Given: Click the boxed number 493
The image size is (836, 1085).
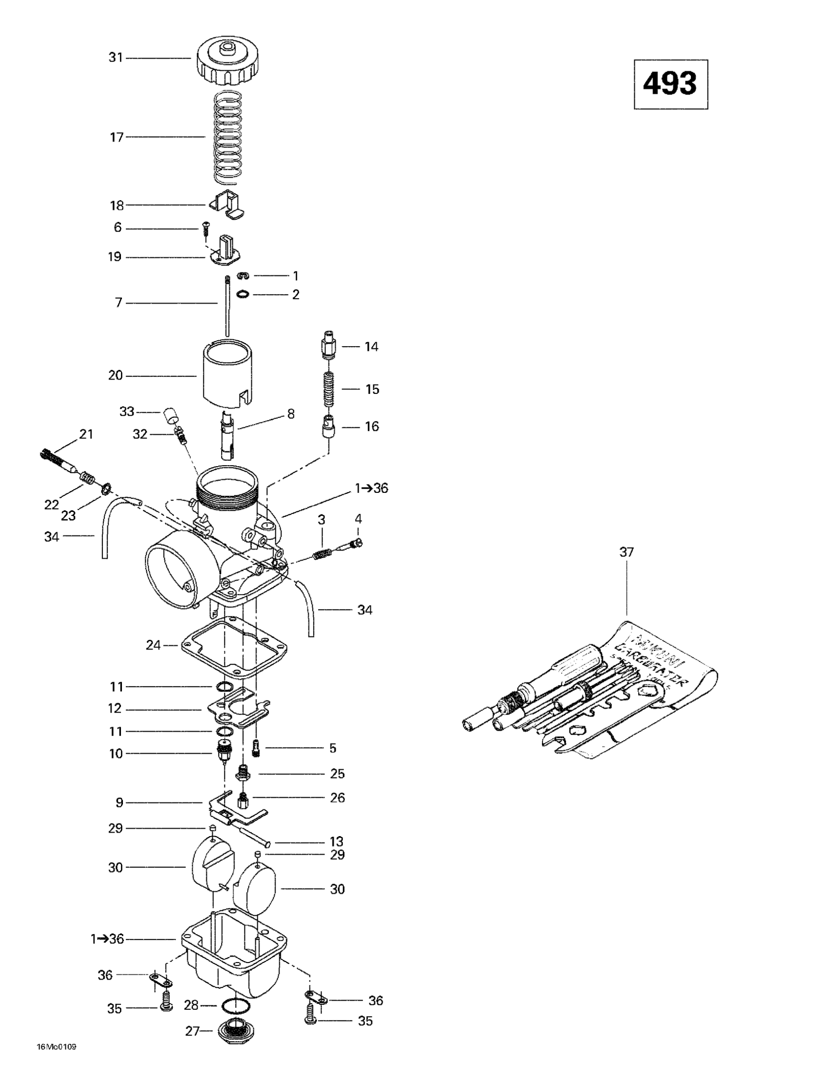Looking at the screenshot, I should (670, 84).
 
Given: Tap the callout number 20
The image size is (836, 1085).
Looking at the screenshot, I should (115, 376).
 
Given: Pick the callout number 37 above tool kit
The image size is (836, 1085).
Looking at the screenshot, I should (627, 551).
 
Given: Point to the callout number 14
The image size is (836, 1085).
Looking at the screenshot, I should (372, 347).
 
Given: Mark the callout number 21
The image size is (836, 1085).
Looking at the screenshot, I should (87, 434).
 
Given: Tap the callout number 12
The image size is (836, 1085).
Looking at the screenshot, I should (115, 708).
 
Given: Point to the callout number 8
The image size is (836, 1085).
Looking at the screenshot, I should (291, 413).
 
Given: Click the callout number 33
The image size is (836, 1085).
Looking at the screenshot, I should (127, 411).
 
